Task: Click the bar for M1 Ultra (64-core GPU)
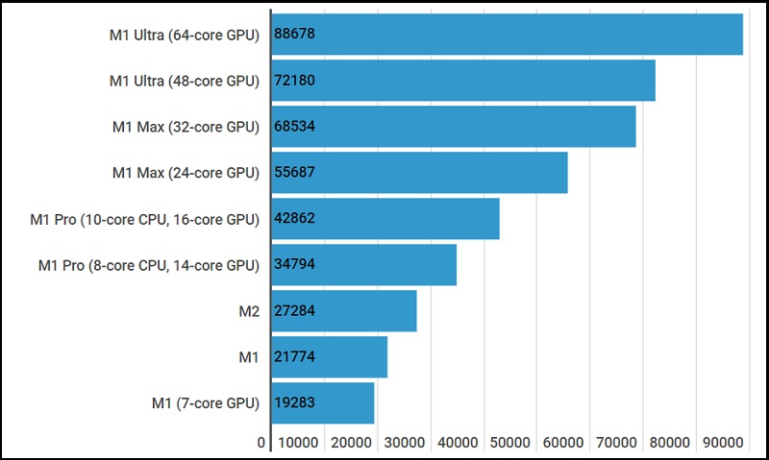click(x=508, y=35)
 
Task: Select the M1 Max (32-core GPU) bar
click(x=454, y=127)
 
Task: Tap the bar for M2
click(x=344, y=311)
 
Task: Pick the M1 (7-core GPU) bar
click(x=323, y=403)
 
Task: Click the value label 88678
click(x=295, y=35)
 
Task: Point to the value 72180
click(x=295, y=81)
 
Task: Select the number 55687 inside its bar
click(x=295, y=173)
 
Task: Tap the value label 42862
click(x=295, y=219)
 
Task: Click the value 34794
click(x=295, y=265)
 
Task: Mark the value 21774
click(x=295, y=357)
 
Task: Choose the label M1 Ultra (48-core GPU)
click(x=185, y=81)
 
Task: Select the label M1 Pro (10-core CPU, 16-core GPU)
click(x=145, y=219)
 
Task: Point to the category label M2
click(x=249, y=311)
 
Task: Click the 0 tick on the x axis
click(x=261, y=443)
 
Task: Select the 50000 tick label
click(x=509, y=443)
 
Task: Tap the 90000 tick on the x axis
click(x=723, y=443)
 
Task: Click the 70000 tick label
click(x=616, y=443)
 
